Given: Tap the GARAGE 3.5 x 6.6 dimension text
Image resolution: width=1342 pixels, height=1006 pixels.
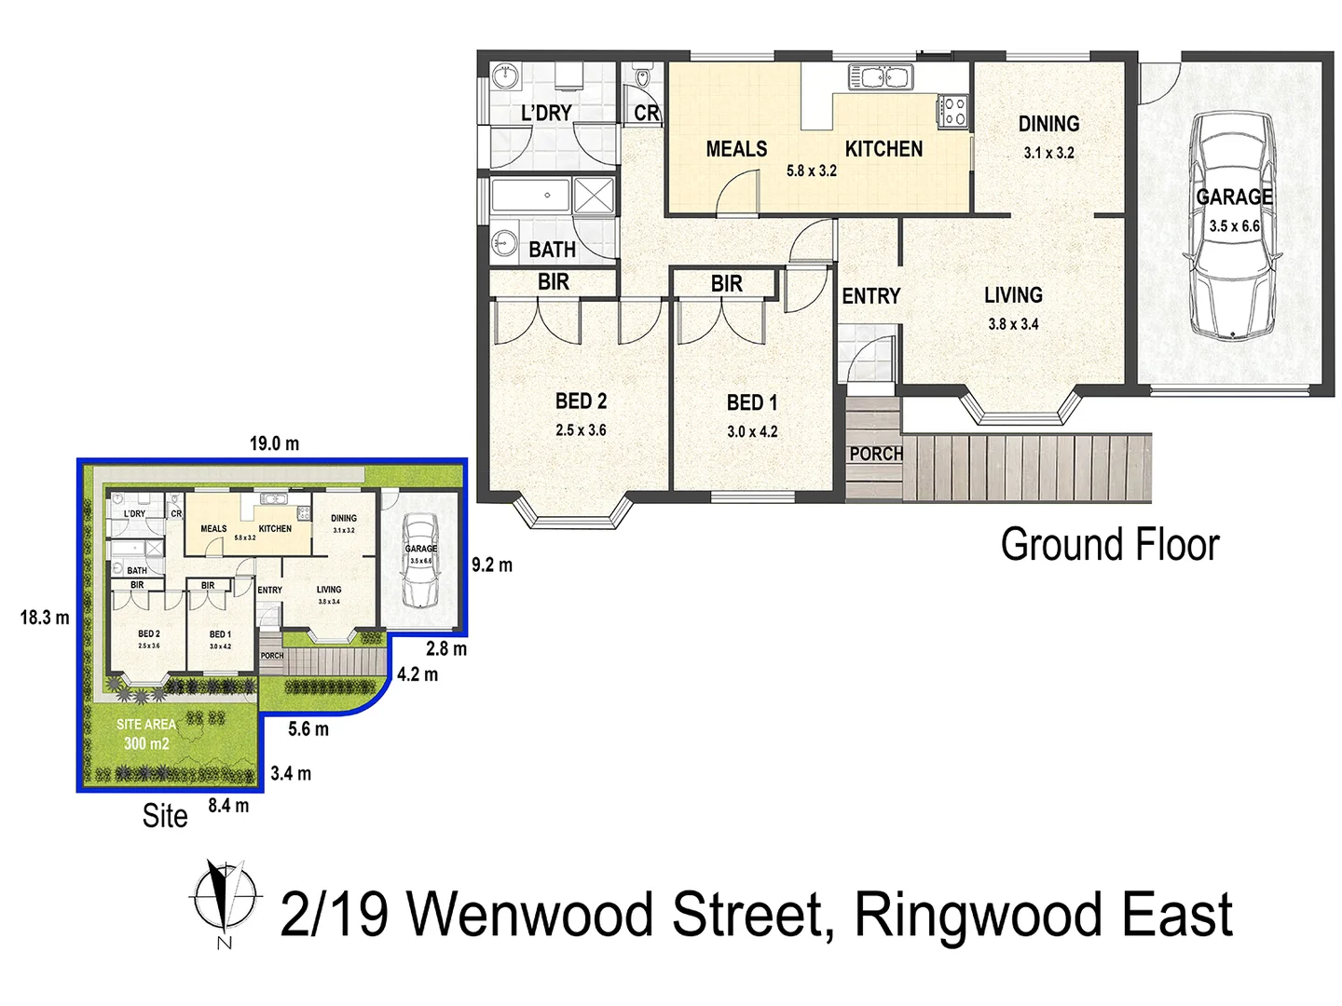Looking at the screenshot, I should (x=1234, y=226).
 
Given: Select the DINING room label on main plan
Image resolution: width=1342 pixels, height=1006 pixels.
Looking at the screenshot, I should (x=1048, y=124).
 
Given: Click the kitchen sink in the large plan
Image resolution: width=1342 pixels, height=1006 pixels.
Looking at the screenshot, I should (x=880, y=76).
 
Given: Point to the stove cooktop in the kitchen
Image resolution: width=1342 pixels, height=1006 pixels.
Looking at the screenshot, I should (x=953, y=111).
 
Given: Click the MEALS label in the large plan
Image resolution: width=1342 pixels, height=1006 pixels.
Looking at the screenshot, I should (x=736, y=149).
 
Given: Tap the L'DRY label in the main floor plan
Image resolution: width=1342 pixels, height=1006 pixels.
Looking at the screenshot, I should (x=546, y=113).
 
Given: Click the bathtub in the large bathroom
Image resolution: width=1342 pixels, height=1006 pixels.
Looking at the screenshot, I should (x=531, y=196).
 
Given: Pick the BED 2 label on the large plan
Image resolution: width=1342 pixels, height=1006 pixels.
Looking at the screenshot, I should (x=581, y=401).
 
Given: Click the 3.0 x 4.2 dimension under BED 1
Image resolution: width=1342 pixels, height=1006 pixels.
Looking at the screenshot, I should (x=752, y=431).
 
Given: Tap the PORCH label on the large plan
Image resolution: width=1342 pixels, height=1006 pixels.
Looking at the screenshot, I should (x=875, y=454).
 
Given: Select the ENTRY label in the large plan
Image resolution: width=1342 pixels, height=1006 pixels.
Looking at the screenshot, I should (x=870, y=296).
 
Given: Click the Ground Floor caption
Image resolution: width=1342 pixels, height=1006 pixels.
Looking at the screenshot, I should (x=1109, y=545).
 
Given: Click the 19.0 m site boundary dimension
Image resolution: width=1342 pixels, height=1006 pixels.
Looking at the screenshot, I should (x=274, y=443).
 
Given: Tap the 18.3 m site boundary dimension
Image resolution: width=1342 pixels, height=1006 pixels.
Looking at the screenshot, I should (x=45, y=618).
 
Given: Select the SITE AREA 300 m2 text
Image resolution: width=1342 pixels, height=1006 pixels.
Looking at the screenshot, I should (x=146, y=734).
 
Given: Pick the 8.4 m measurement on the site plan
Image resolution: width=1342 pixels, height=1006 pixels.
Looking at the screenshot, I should (x=228, y=806).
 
